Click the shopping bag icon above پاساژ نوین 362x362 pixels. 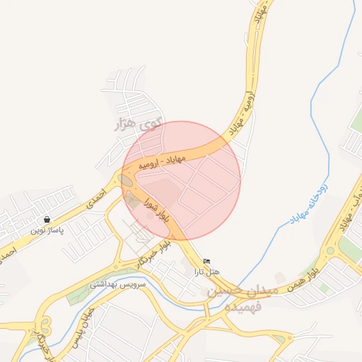coord(47,220)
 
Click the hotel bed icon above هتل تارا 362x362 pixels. coord(206,262)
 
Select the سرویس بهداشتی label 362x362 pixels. coord(117,284)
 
